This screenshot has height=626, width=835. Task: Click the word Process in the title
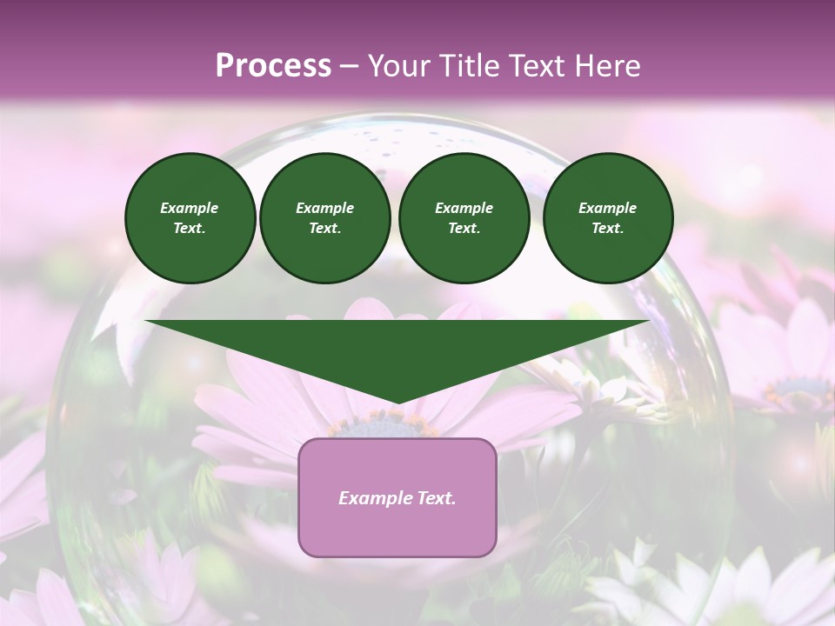(273, 66)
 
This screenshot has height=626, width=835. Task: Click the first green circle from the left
(190, 218)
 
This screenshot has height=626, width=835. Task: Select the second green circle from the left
(324, 218)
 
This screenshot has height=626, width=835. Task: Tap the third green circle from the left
(464, 218)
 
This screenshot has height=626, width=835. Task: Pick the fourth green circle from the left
(607, 218)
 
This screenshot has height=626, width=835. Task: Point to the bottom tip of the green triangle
(397, 402)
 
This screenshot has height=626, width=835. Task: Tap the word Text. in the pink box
(435, 498)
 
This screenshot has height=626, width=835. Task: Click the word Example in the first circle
(190, 208)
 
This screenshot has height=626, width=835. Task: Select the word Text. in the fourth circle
(607, 229)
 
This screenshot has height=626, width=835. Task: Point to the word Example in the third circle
(464, 208)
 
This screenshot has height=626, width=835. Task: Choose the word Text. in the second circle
(324, 229)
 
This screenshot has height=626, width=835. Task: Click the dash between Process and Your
(350, 66)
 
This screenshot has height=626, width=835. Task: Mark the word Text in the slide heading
(535, 66)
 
